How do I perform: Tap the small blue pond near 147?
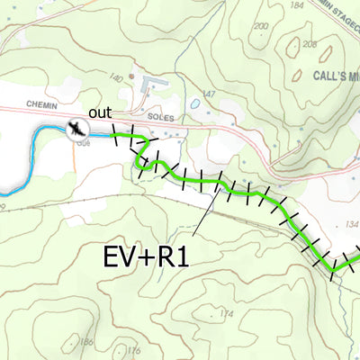(194, 103)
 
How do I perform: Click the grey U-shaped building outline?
(152, 85)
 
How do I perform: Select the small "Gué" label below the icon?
(85, 142)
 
